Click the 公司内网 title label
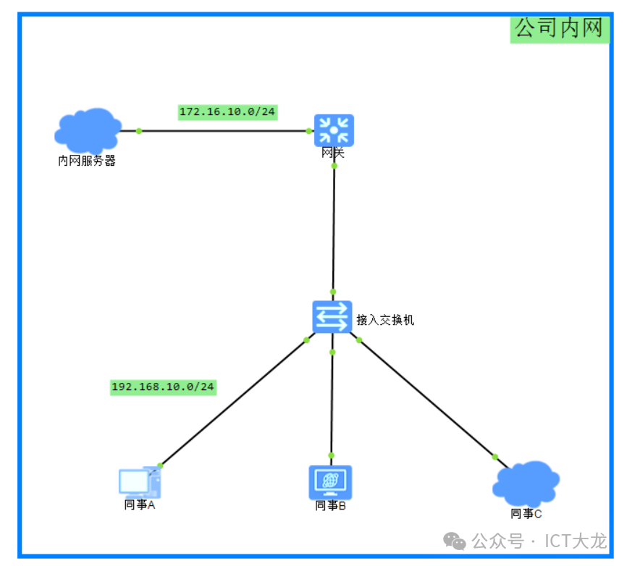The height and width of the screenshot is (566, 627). pos(559,28)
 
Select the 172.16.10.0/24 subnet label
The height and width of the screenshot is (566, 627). pos(228,111)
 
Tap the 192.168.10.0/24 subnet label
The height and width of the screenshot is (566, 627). pos(163,387)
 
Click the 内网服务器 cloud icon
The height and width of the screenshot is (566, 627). pos(88,130)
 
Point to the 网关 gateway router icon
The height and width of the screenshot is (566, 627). pos(334,130)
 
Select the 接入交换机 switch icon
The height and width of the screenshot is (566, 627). pos(332,317)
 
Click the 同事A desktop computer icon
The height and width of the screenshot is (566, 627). pos(140,481)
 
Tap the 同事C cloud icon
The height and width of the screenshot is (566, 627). pos(526,483)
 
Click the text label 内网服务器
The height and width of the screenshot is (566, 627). pos(87,161)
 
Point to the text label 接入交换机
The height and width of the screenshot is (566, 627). pos(385,320)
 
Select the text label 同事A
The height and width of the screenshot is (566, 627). pos(140,504)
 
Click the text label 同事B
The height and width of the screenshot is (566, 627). pos(330,505)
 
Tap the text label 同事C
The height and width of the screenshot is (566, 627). pos(526,513)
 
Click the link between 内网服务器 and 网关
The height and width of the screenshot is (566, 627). pos(224,131)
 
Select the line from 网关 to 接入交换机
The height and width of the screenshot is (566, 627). pos(334,228)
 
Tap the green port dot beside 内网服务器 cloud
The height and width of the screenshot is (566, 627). pos(139,131)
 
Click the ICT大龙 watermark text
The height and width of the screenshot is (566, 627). pos(576,541)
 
